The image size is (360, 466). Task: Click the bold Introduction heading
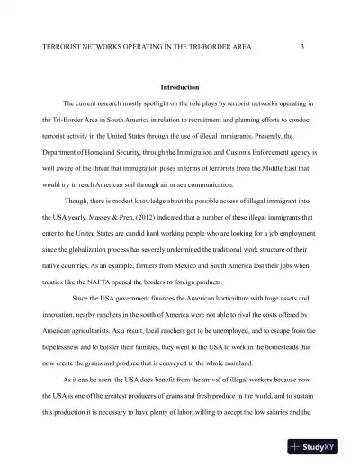(179, 88)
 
